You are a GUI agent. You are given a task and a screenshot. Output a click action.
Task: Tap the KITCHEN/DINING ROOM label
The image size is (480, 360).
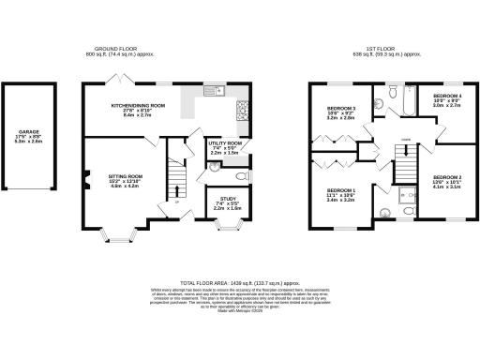pyautogui.click(x=139, y=106)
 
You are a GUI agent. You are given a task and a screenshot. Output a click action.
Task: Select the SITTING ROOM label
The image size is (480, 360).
pyautogui.click(x=126, y=175)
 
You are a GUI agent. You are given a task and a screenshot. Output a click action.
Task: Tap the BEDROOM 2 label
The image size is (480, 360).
pyautogui.click(x=447, y=176)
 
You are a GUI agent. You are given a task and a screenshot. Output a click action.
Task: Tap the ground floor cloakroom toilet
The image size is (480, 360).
pyautogui.click(x=241, y=175)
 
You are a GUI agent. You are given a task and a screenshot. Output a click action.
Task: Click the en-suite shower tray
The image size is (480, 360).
pyautogui.click(x=407, y=196)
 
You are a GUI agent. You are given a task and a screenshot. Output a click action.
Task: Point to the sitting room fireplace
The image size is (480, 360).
pyautogui.click(x=86, y=180)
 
